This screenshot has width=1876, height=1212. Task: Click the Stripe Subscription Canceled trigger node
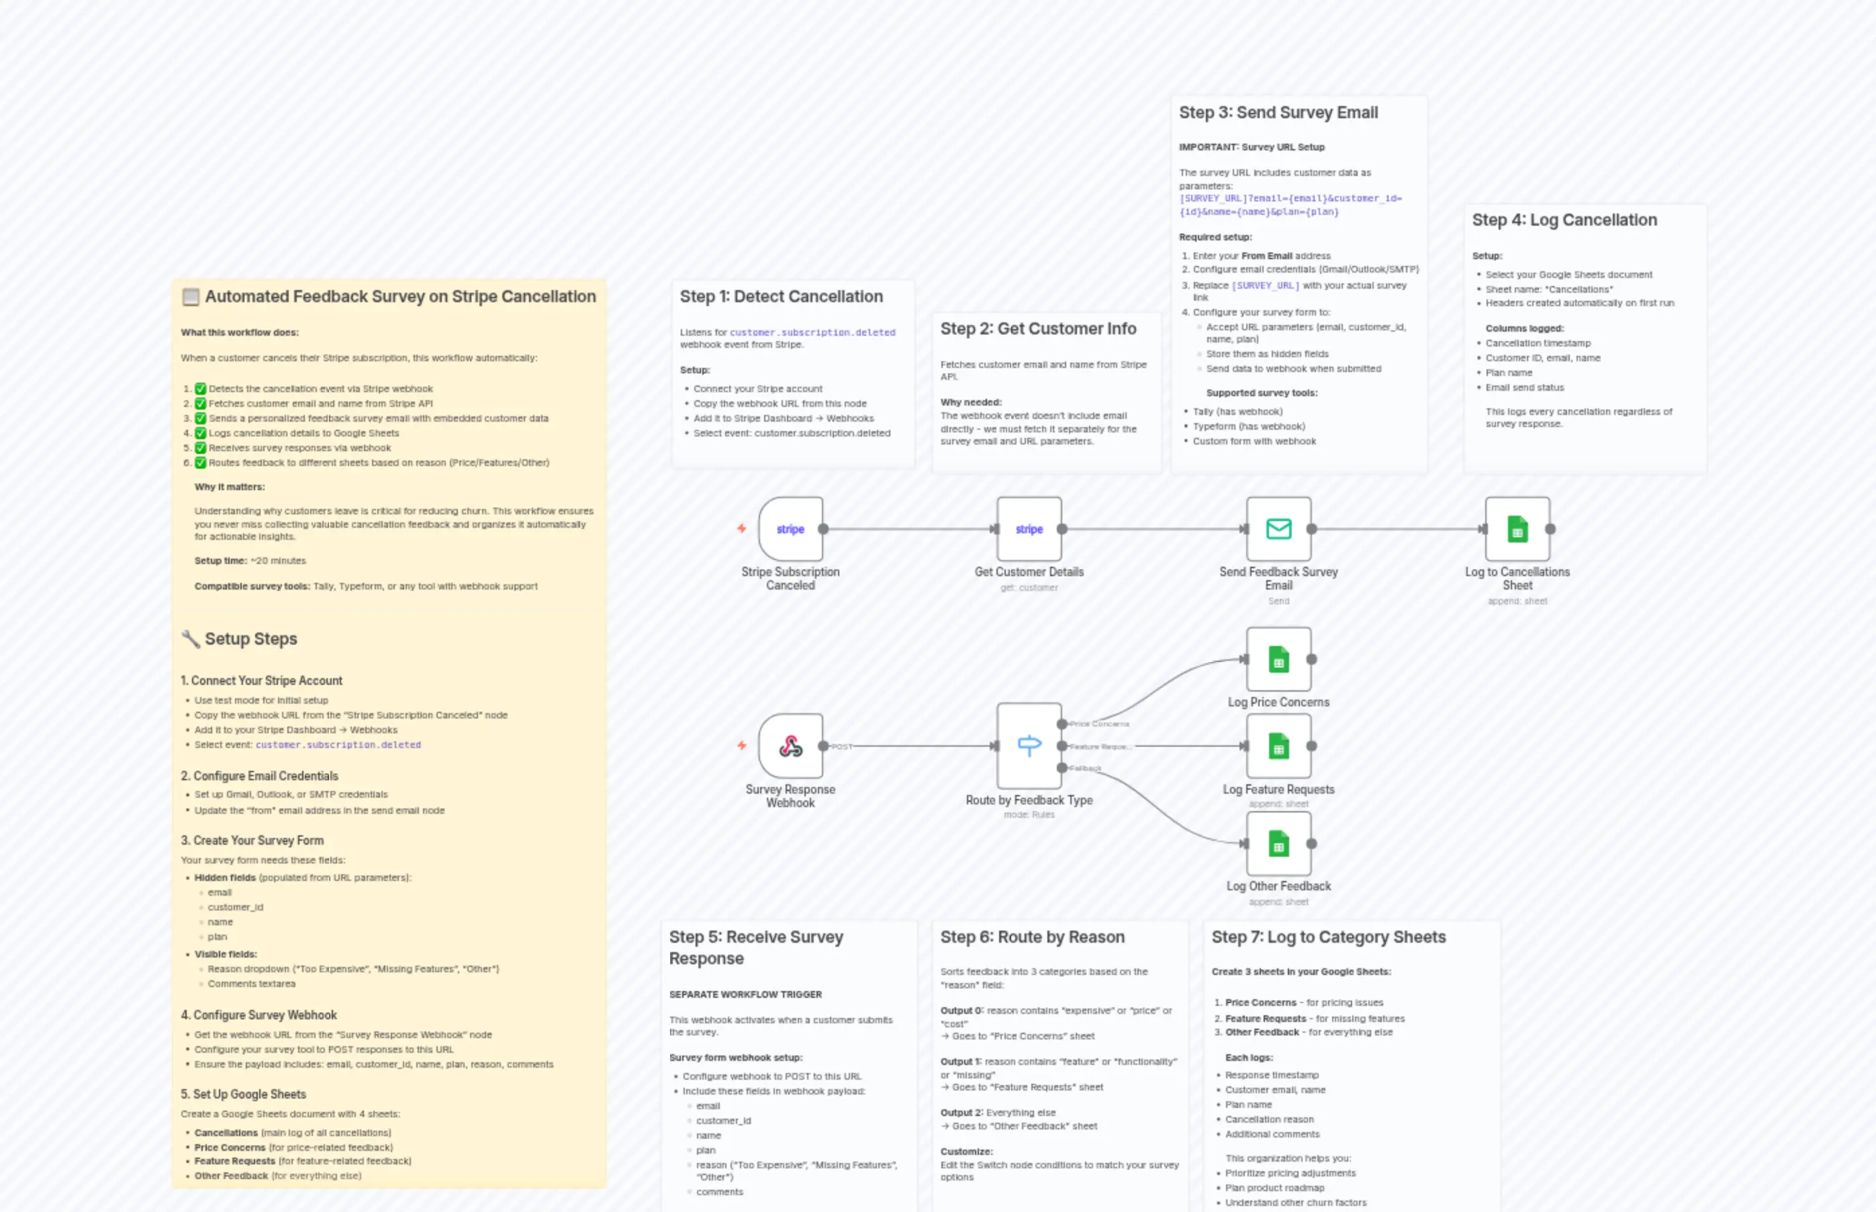tap(790, 529)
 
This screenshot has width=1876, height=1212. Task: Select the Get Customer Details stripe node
tap(1029, 529)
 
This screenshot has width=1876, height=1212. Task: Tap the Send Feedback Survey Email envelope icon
tap(1278, 529)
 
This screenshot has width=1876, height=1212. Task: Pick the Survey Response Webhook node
tap(790, 746)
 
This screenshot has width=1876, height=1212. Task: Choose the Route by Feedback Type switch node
tap(1029, 746)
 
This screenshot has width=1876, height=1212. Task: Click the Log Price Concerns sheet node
tap(1278, 659)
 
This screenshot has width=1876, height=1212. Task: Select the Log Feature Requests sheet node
tap(1278, 746)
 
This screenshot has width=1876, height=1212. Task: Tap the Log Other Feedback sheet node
tap(1278, 843)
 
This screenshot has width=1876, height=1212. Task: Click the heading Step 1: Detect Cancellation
tap(781, 297)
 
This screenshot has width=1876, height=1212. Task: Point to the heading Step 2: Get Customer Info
tap(1037, 329)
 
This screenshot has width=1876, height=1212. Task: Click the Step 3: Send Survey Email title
tap(1277, 113)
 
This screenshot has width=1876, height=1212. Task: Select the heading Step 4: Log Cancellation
tap(1564, 220)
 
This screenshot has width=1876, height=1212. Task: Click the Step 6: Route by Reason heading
tap(1031, 937)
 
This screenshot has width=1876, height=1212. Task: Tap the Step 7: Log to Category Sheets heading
tap(1327, 937)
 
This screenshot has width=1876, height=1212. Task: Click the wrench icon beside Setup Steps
tap(191, 639)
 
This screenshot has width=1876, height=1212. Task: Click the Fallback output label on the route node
tap(1085, 768)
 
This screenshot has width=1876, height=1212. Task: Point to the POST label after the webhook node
tap(841, 747)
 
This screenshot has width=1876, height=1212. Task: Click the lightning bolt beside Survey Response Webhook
tap(741, 745)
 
